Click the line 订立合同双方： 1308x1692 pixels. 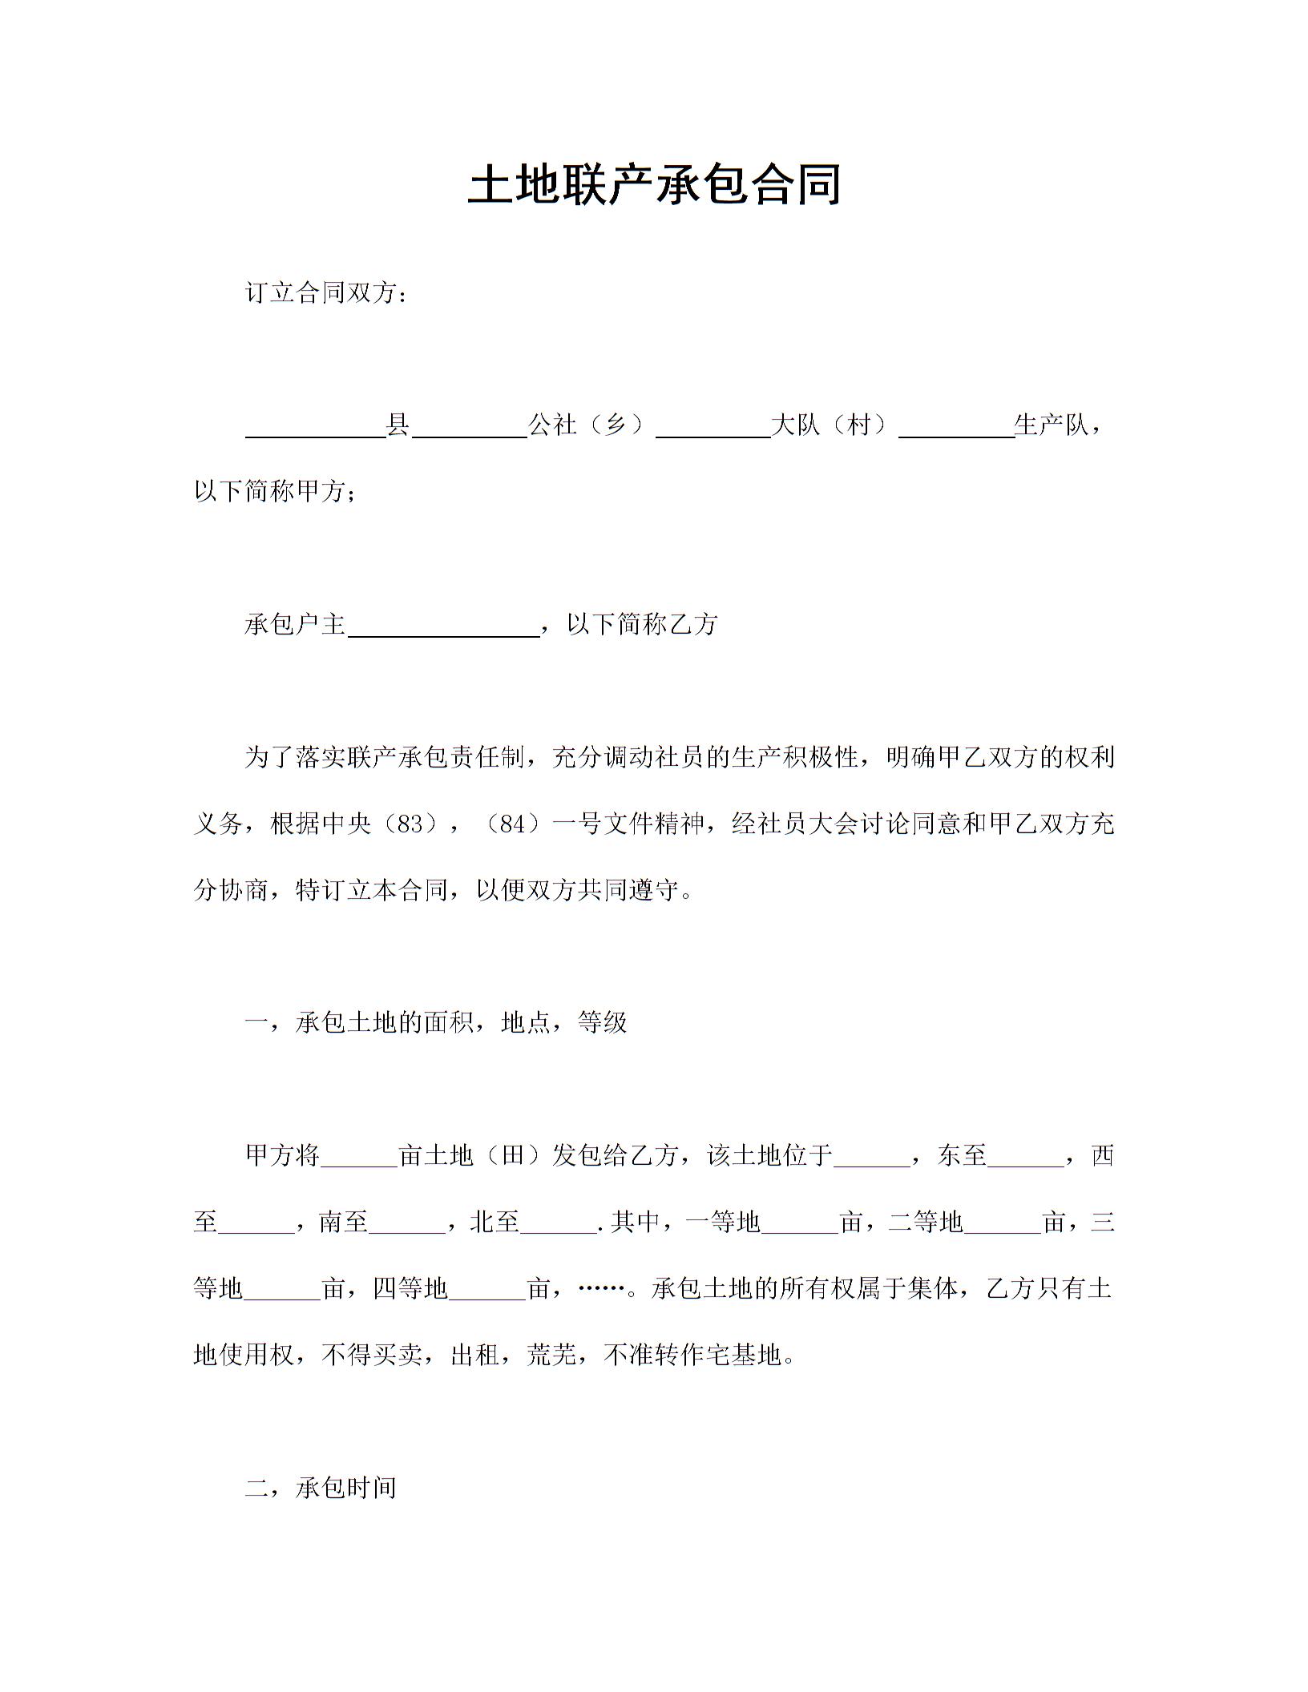click(x=326, y=293)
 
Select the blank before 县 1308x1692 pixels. click(x=315, y=426)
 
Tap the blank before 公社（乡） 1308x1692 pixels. click(x=469, y=426)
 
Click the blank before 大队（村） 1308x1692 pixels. click(x=713, y=426)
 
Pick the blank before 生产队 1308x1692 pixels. click(x=956, y=426)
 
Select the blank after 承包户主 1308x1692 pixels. click(x=444, y=625)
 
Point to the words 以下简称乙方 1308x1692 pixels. click(x=641, y=625)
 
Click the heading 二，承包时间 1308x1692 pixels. click(x=321, y=1489)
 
